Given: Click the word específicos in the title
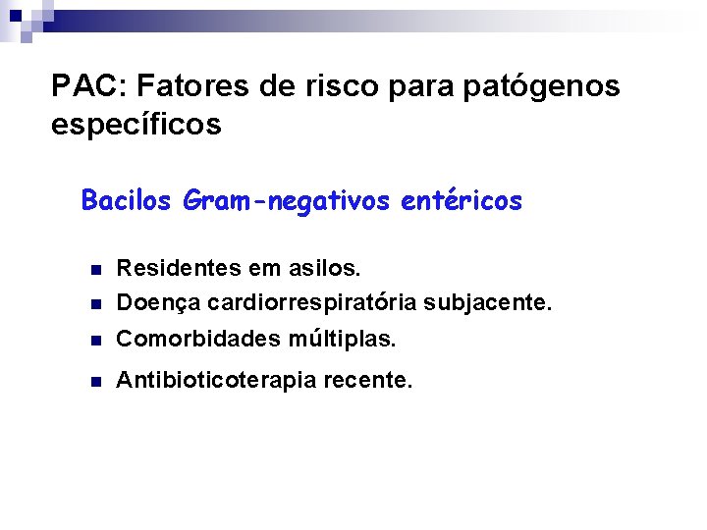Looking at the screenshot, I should tap(136, 126).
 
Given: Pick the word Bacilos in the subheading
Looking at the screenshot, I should tap(127, 201).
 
